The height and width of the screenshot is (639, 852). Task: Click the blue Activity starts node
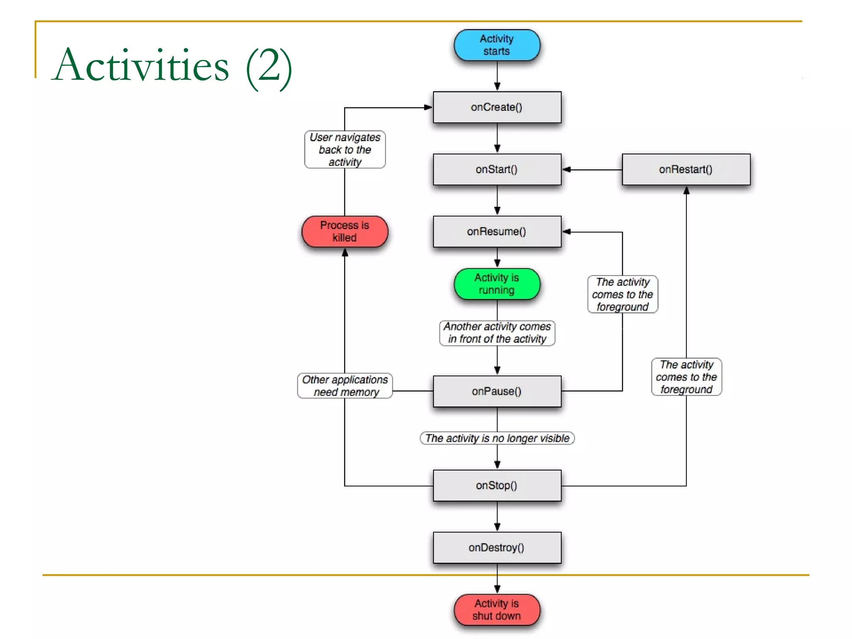[x=497, y=45]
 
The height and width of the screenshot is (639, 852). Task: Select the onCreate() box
[x=497, y=107]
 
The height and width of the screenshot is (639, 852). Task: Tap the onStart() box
[x=497, y=169]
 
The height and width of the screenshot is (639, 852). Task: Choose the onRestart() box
[x=686, y=169]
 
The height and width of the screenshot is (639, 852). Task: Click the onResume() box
[x=497, y=231]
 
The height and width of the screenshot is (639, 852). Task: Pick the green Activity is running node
[x=497, y=284]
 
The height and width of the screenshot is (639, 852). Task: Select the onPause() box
[x=497, y=391]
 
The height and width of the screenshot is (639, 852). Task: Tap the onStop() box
[x=497, y=485]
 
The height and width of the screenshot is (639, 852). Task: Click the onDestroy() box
[x=497, y=547]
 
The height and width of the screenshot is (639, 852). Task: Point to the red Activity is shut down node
[x=497, y=609]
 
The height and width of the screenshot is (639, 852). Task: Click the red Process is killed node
[x=344, y=231]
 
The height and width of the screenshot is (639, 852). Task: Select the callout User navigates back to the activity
[x=345, y=149]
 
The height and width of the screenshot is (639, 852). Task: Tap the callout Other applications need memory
[x=345, y=386]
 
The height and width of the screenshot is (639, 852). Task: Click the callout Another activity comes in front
[x=497, y=333]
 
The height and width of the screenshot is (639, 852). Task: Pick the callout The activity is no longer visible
[x=497, y=438]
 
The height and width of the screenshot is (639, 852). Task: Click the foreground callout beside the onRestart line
[x=686, y=377]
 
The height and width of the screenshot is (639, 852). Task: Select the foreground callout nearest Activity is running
[x=622, y=294]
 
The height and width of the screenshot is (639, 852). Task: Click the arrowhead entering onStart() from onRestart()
[x=567, y=169]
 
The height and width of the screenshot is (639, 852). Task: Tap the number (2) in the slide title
[x=269, y=67]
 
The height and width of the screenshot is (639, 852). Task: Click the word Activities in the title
[x=141, y=66]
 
